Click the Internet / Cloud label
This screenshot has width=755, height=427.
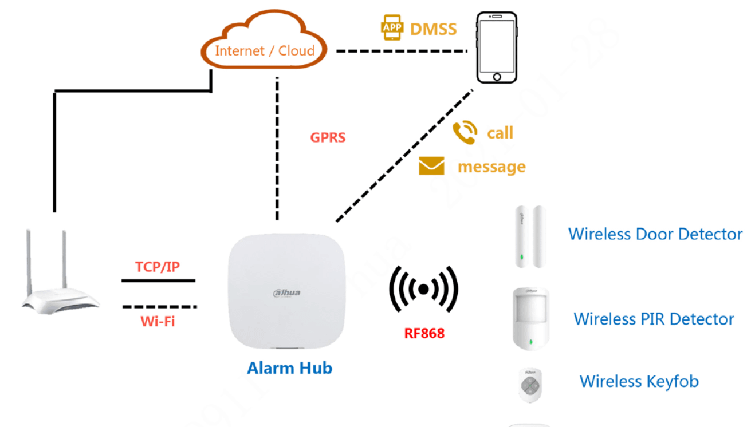[x=265, y=51]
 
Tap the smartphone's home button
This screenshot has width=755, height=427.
[x=497, y=77]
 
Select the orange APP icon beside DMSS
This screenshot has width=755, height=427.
[x=392, y=29]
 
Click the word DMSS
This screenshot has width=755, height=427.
[x=434, y=29]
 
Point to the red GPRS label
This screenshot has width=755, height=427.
[x=328, y=137]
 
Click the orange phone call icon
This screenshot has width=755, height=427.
[x=465, y=133]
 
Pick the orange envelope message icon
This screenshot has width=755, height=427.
[x=431, y=167]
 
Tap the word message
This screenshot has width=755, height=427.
[x=491, y=167]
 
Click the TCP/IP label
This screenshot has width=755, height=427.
[x=158, y=267]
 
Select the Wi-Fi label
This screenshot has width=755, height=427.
[x=158, y=321]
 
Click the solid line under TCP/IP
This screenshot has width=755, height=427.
[x=158, y=280]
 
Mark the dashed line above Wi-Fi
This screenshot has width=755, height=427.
[x=159, y=307]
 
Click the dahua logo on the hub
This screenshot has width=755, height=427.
[x=286, y=293]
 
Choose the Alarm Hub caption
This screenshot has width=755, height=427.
[x=289, y=367]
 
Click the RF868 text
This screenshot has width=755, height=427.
[x=424, y=333]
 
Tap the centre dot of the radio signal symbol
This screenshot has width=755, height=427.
[x=423, y=290]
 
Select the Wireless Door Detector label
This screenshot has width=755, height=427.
[x=655, y=234]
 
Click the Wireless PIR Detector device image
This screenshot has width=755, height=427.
[x=530, y=318]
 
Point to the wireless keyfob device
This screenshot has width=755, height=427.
[x=530, y=385]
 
